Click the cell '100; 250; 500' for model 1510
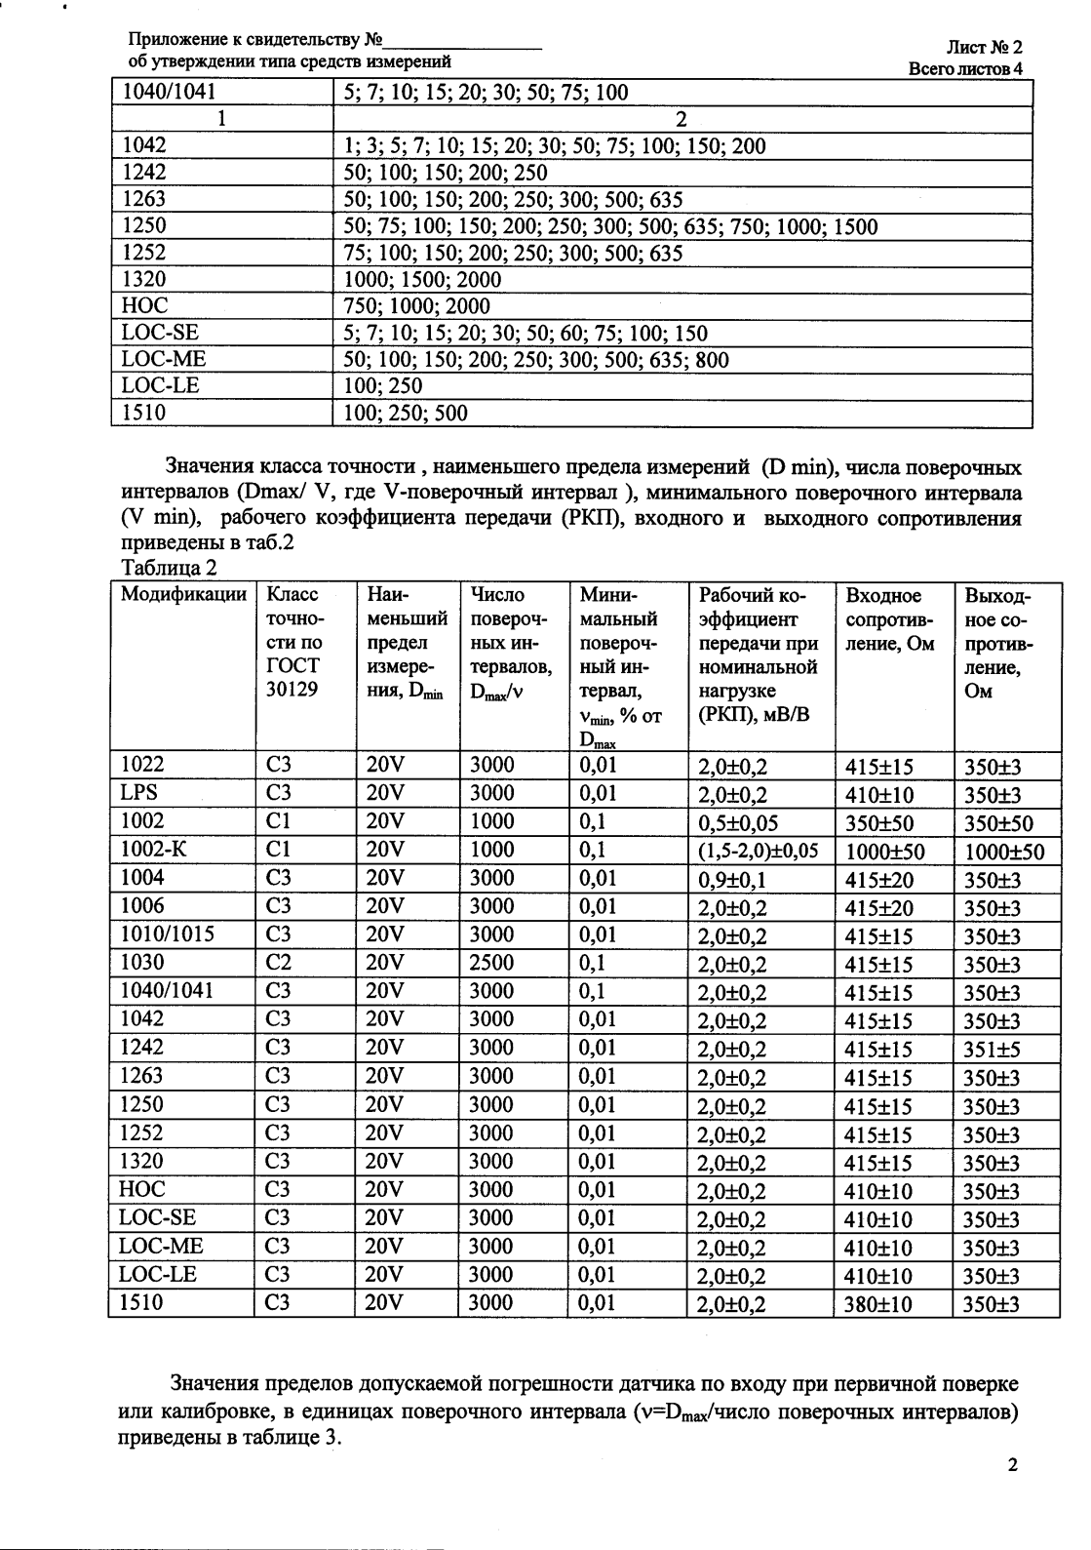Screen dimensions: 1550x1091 (401, 413)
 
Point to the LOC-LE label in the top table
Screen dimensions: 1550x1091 (160, 385)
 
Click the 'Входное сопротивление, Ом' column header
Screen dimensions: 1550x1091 (890, 619)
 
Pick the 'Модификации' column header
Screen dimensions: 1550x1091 (183, 595)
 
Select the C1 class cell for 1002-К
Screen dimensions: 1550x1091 (279, 850)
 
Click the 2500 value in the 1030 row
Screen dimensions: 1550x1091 (491, 963)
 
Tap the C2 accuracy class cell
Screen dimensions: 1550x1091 (279, 963)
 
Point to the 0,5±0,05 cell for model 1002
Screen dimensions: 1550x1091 (738, 823)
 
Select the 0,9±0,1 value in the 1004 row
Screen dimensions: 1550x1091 (732, 880)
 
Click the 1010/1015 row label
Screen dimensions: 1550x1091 (167, 934)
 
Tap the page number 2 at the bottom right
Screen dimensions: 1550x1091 (1012, 1465)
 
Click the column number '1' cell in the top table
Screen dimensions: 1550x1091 (222, 119)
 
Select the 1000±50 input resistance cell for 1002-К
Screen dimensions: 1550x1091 (884, 852)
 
